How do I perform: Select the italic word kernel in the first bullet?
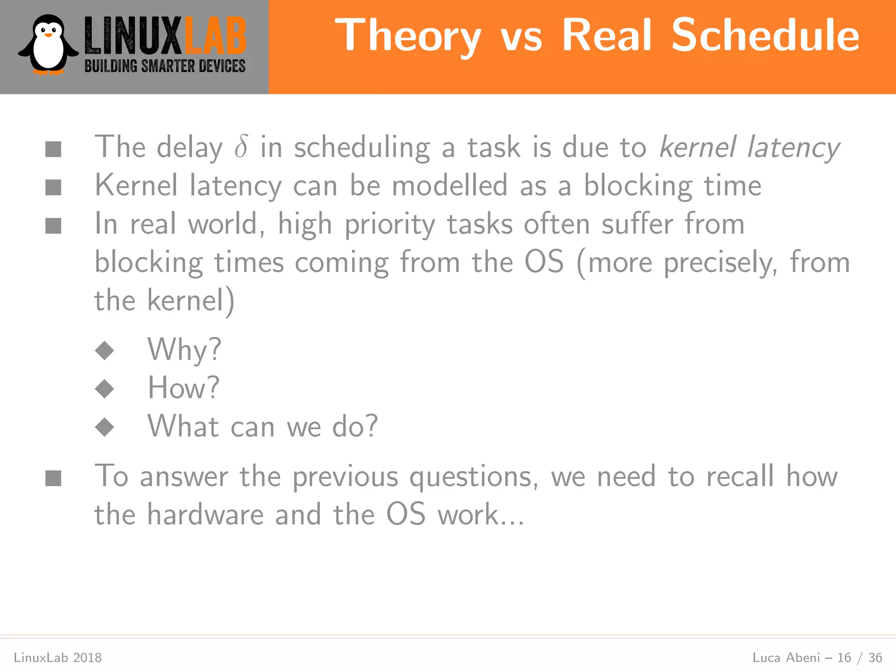698,147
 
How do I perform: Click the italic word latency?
793,148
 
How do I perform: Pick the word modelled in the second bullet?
449,185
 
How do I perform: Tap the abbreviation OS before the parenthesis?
544,262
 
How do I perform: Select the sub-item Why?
184,350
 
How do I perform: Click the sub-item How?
183,388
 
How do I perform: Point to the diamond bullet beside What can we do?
105,427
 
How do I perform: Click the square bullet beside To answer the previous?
53,478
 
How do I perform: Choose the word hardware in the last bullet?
205,514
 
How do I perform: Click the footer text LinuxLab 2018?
58,658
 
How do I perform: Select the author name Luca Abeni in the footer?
786,658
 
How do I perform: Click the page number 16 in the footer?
844,658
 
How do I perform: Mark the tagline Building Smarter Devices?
165,66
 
